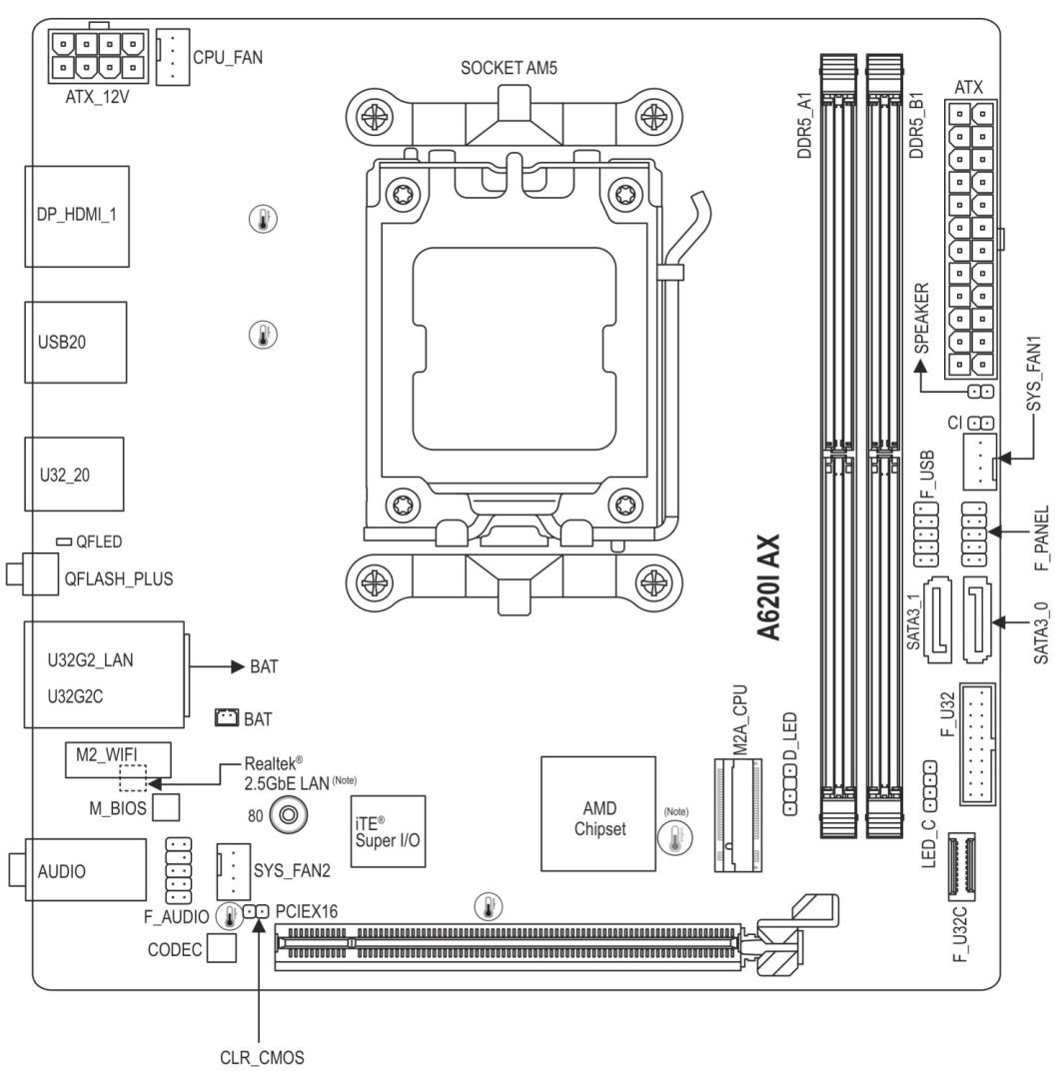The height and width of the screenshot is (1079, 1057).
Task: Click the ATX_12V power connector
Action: [96, 56]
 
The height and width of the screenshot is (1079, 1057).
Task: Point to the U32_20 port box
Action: [74, 475]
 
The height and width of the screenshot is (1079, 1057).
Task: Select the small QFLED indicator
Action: [63, 540]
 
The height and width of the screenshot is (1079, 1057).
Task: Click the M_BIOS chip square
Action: [167, 805]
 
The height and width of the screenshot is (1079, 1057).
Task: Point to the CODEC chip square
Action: [222, 949]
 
